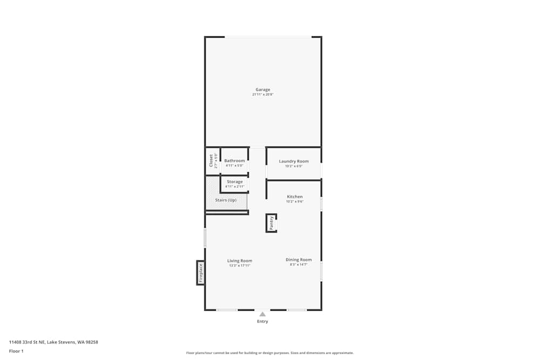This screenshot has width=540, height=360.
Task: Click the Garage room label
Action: coord(263,90)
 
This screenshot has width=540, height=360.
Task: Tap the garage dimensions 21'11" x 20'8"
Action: coord(263,95)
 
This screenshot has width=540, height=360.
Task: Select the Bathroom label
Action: coord(234,161)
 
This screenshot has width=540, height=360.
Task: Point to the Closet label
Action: coord(211,161)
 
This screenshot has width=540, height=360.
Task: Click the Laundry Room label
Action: coord(294,161)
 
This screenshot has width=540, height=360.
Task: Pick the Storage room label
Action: coord(234,182)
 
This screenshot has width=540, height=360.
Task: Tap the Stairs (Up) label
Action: coord(226,200)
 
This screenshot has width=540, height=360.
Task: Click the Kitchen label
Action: coord(294,197)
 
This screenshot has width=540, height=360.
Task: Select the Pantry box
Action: coord(271,223)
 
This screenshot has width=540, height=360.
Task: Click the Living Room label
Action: coord(240,261)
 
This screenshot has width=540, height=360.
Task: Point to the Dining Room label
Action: coord(299,260)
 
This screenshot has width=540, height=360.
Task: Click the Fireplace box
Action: coord(200,273)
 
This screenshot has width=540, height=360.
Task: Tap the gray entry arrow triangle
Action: coord(262,314)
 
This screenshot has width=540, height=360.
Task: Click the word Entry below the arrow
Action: coord(262,322)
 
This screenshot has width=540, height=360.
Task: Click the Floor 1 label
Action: coord(16,351)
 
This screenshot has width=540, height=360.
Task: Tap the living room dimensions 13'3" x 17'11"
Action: coord(240,266)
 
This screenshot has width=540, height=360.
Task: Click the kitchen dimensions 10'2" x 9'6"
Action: coord(294,202)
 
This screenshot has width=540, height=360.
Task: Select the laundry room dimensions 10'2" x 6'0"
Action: coord(294,166)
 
